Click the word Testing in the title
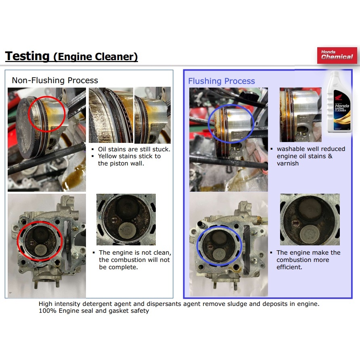27,56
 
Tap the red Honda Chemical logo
337,55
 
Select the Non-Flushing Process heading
55,80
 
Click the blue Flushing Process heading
221,81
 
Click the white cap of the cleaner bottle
335,74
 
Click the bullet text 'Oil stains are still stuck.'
134,149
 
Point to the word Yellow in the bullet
107,156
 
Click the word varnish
288,163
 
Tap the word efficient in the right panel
289,267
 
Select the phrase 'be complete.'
118,267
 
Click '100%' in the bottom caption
48,311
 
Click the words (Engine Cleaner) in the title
96,57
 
